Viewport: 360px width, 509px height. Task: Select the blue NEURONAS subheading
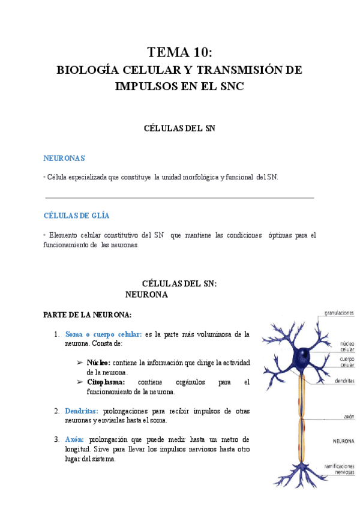pos(64,158)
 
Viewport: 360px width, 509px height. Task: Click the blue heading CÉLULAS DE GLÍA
pos(76,215)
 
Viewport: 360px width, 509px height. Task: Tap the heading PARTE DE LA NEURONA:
pos(88,315)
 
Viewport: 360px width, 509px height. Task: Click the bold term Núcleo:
pos(98,363)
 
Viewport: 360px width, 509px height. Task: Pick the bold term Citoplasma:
pos(106,382)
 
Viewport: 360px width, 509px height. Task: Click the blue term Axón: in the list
pos(75,439)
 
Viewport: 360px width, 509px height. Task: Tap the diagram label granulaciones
pos(339,312)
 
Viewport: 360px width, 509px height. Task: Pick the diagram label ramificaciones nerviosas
pos(339,469)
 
